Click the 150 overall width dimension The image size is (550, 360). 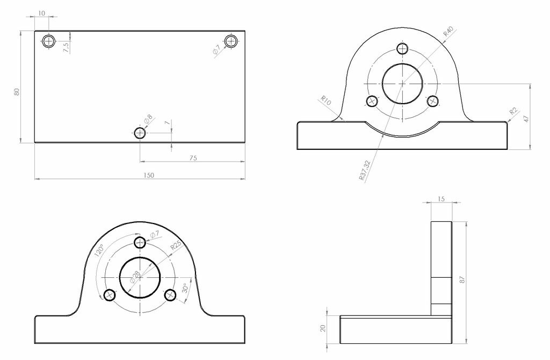pyautogui.click(x=149, y=175)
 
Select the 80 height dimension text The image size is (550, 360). pyautogui.click(x=17, y=92)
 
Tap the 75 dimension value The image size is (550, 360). pyautogui.click(x=193, y=158)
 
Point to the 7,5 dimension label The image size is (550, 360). pyautogui.click(x=66, y=47)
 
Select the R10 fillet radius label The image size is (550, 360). pyautogui.click(x=325, y=100)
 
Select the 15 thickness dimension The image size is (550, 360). pyautogui.click(x=441, y=199)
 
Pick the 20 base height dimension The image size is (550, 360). pyautogui.click(x=323, y=328)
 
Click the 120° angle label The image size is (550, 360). pyautogui.click(x=99, y=251)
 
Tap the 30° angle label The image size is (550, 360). pyautogui.click(x=186, y=289)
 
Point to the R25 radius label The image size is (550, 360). pyautogui.click(x=176, y=247)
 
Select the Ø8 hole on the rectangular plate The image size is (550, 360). pyautogui.click(x=140, y=133)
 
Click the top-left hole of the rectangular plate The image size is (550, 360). pyautogui.click(x=49, y=41)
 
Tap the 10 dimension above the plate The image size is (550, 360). pyautogui.click(x=42, y=12)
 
